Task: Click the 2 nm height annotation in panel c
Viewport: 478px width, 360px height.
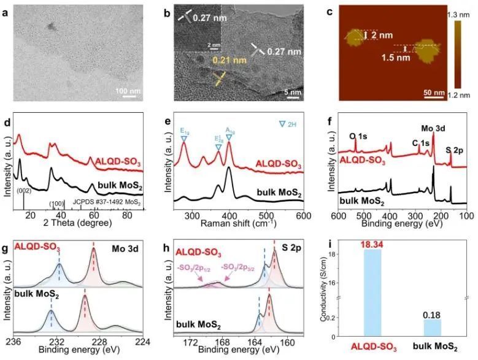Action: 380,36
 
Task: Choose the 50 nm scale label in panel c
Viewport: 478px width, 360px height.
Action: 434,93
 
